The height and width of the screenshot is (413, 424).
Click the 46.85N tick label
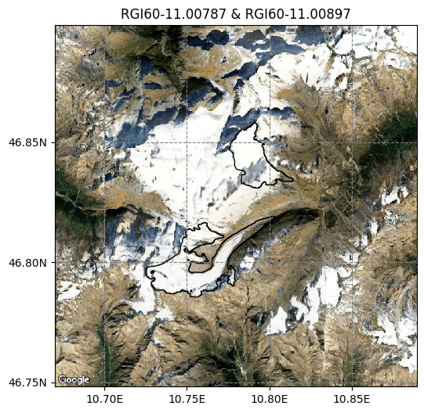point(28,143)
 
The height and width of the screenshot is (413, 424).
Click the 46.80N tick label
point(28,263)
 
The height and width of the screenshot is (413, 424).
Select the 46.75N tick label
point(28,382)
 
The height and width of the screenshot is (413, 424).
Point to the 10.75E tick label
point(187,398)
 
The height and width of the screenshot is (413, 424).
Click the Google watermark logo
point(74,379)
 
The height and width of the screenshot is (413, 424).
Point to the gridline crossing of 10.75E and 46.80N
point(187,263)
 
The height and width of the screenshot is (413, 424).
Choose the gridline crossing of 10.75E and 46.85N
point(187,143)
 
